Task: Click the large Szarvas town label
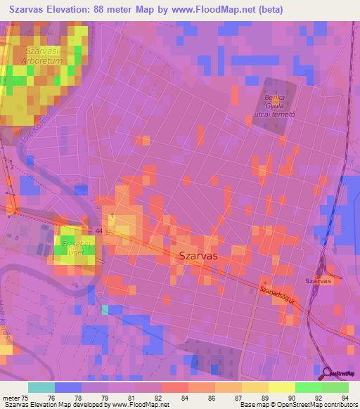(x=198, y=257)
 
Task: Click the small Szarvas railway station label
(x=318, y=281)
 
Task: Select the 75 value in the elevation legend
(x=24, y=396)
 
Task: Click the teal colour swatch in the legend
(x=41, y=387)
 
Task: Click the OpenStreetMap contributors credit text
(x=316, y=404)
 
